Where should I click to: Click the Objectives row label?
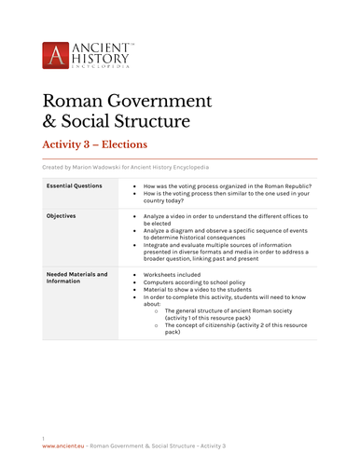pos(62,215)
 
